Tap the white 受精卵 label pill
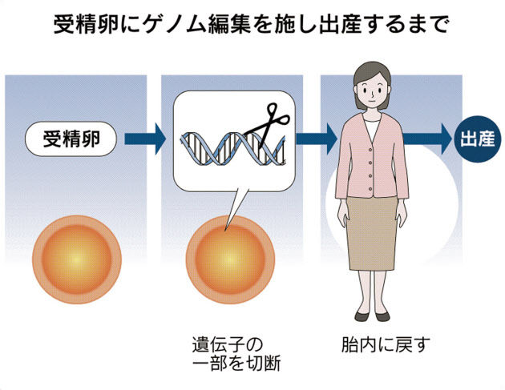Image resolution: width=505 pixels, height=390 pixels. tap(73, 139)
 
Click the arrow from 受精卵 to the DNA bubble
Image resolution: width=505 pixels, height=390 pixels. tap(147, 139)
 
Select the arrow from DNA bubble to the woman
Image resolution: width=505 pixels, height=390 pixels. tap(316, 139)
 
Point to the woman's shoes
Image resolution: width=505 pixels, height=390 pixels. tap(373, 314)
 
